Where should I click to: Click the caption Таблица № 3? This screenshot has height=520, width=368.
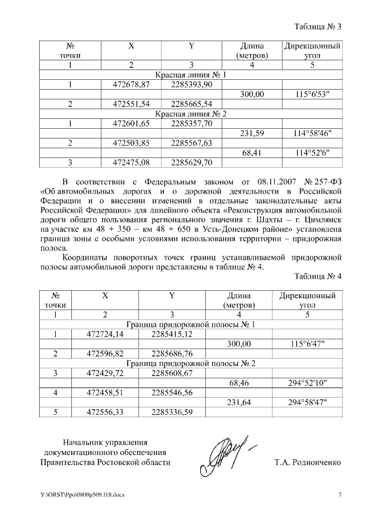[318, 26]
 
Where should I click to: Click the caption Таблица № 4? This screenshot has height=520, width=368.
[318, 276]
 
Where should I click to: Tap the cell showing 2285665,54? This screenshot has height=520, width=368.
[191, 104]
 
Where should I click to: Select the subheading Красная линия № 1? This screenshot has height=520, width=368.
[191, 75]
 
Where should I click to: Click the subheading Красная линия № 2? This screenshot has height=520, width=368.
[191, 114]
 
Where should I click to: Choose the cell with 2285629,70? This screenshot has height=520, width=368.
[191, 163]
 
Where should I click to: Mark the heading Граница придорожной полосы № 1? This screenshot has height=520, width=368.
[191, 324]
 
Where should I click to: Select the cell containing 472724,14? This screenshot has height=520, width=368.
[105, 334]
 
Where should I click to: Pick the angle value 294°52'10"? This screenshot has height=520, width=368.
[307, 383]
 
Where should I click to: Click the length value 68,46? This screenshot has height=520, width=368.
[241, 383]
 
